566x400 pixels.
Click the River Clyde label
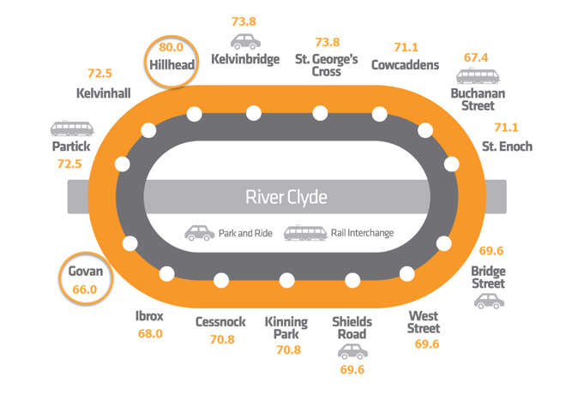click(x=286, y=197)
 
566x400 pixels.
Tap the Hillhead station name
click(x=172, y=65)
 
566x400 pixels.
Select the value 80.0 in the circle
click(x=171, y=47)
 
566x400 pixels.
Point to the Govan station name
click(x=86, y=272)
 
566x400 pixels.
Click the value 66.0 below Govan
click(x=85, y=290)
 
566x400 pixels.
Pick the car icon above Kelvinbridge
click(x=245, y=41)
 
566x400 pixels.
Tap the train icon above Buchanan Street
click(x=478, y=75)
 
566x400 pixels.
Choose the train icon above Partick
click(x=72, y=128)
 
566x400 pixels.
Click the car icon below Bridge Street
click(x=489, y=301)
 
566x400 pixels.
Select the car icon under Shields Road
click(x=352, y=352)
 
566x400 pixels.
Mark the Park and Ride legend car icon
click(x=199, y=233)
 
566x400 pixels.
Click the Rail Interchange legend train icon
click(x=305, y=233)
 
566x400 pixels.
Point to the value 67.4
click(x=476, y=57)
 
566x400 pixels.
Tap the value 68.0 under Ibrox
click(x=150, y=334)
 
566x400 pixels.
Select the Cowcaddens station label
click(x=405, y=65)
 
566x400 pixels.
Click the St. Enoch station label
click(x=507, y=146)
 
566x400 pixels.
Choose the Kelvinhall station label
click(x=104, y=93)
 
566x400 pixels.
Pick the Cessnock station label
click(x=220, y=322)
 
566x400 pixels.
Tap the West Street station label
click(x=424, y=322)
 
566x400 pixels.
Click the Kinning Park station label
click(x=286, y=328)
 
